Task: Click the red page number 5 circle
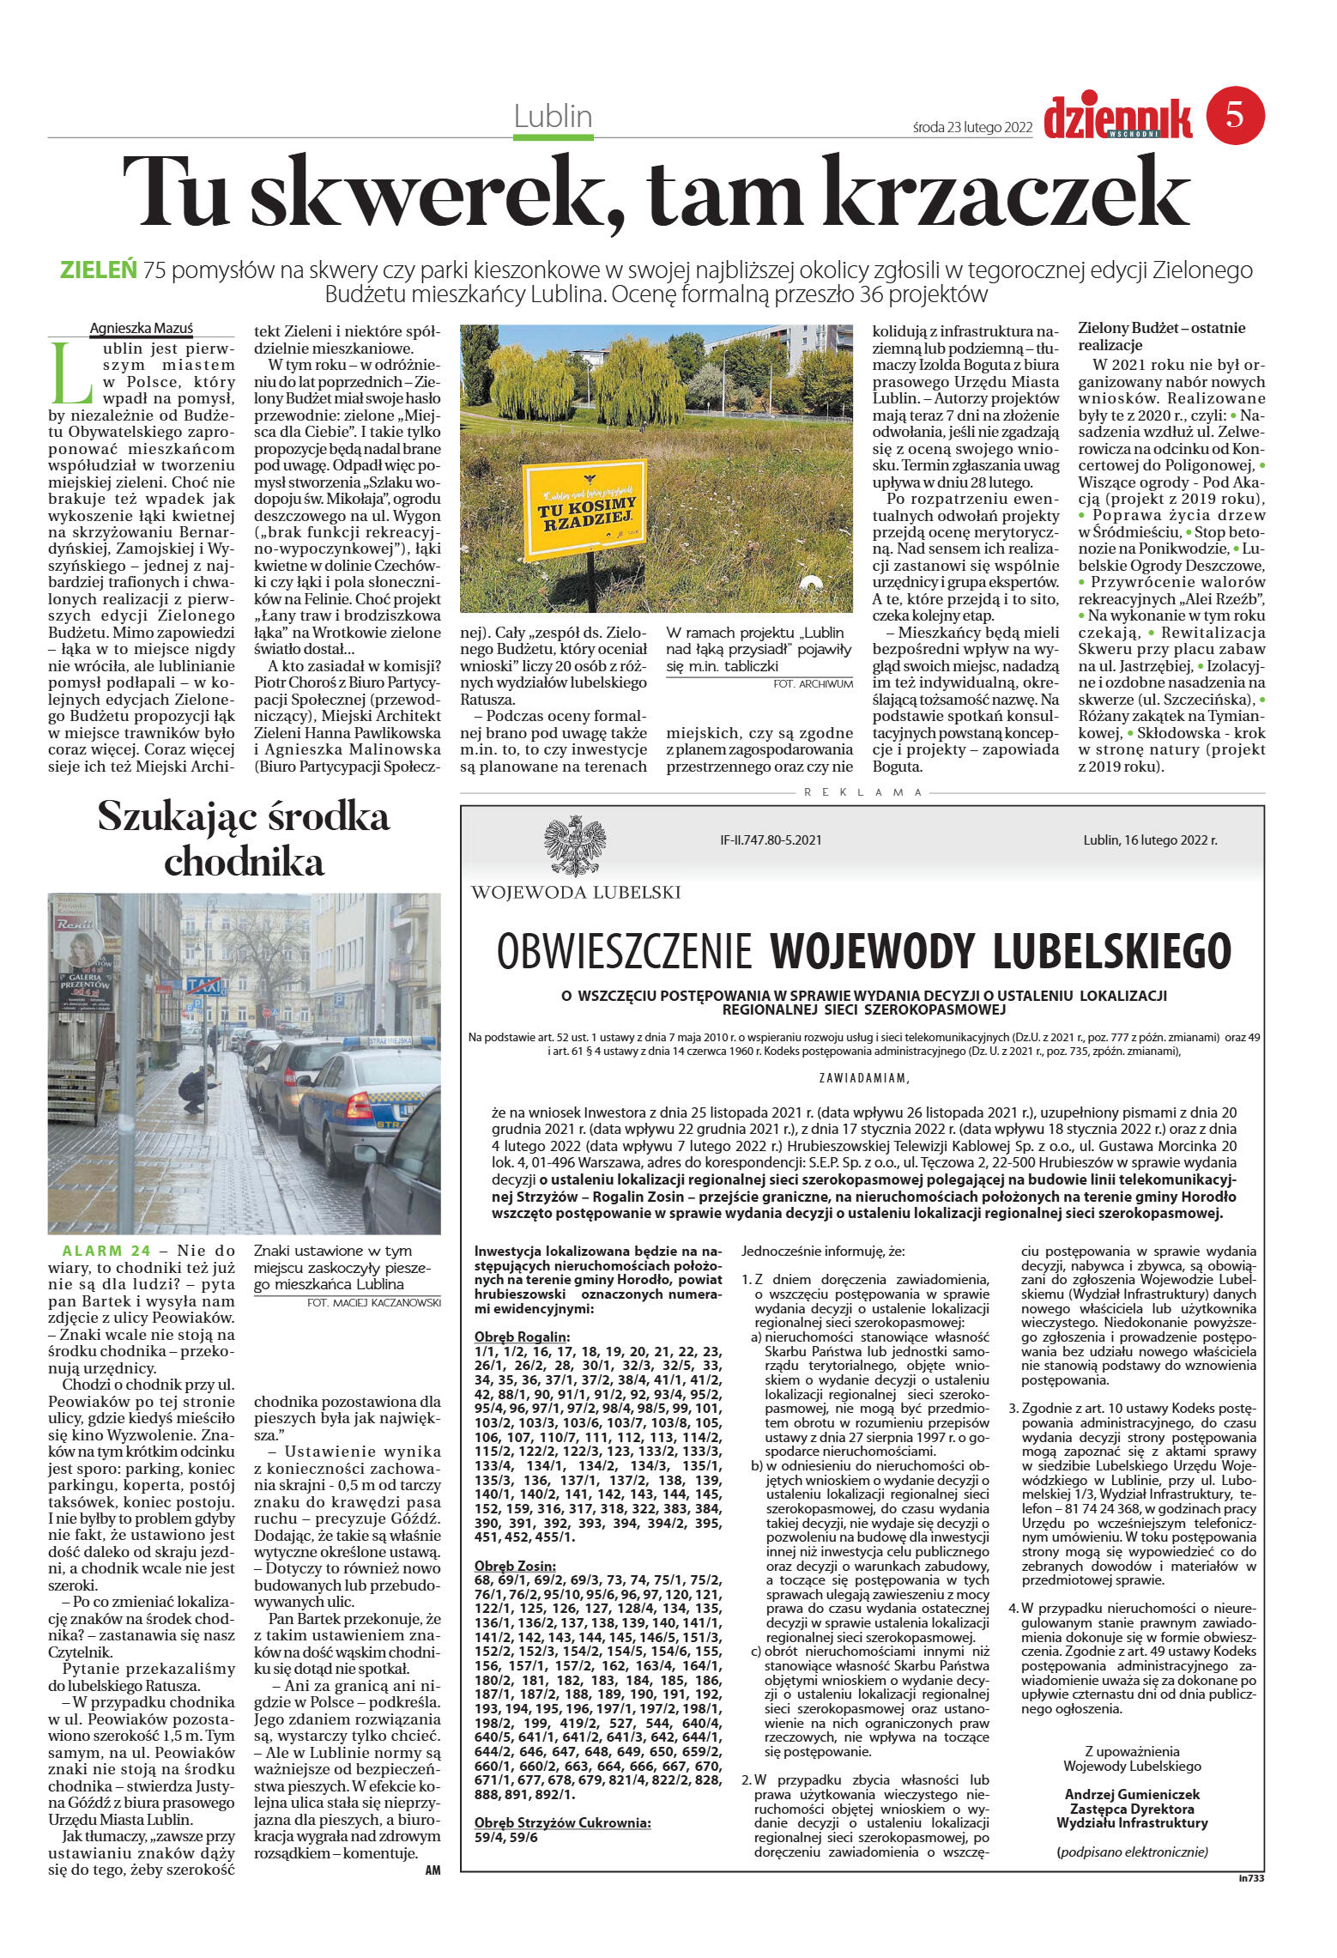1235,116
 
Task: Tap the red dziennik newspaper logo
1117,118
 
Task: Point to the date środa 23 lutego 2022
972,127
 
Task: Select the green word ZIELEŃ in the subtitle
99,270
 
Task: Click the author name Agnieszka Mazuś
142,328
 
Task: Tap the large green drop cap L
70,374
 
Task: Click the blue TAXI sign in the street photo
203,984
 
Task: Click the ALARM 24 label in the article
106,1251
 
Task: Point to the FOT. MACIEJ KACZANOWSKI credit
373,1302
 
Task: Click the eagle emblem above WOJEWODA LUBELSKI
575,846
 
